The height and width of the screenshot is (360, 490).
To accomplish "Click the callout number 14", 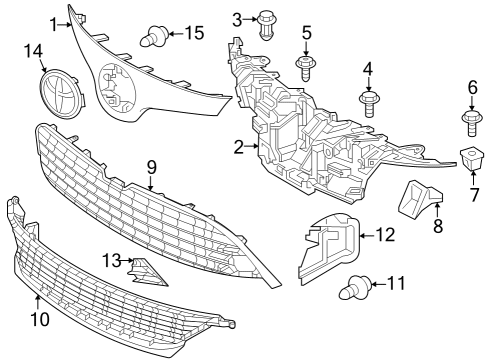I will click(x=34, y=50).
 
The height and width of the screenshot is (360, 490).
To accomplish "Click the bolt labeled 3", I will click(x=266, y=24).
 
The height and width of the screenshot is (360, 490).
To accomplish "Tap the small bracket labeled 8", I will click(x=415, y=198).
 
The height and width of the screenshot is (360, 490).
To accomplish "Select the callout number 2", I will click(x=239, y=148).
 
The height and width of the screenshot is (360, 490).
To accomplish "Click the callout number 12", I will click(x=385, y=235).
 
